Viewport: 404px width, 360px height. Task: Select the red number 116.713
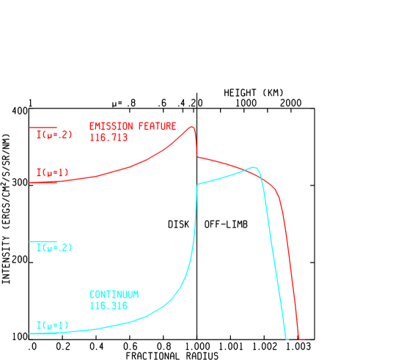click(x=109, y=137)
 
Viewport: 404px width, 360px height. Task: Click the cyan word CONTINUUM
click(x=114, y=294)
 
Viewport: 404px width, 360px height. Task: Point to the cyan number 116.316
click(x=109, y=305)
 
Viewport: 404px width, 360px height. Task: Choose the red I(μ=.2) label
click(x=54, y=135)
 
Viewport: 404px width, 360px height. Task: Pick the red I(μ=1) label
click(x=52, y=173)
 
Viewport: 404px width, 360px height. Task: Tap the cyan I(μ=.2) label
click(x=54, y=248)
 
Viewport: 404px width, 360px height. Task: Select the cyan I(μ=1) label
click(x=52, y=325)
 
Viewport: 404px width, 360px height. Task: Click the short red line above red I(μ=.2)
click(x=43, y=128)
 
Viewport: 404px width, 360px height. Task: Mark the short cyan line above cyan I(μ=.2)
click(x=43, y=241)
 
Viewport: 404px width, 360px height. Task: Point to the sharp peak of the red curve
click(x=192, y=127)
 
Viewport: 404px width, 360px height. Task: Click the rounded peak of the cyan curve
click(x=254, y=167)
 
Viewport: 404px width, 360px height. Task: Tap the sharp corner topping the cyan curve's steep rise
click(x=198, y=185)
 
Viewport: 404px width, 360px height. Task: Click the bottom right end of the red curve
click(x=302, y=339)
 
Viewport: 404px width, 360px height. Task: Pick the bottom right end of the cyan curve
click(x=287, y=339)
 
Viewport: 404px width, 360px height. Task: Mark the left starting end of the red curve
click(x=31, y=183)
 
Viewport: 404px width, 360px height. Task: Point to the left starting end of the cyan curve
click(x=31, y=333)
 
